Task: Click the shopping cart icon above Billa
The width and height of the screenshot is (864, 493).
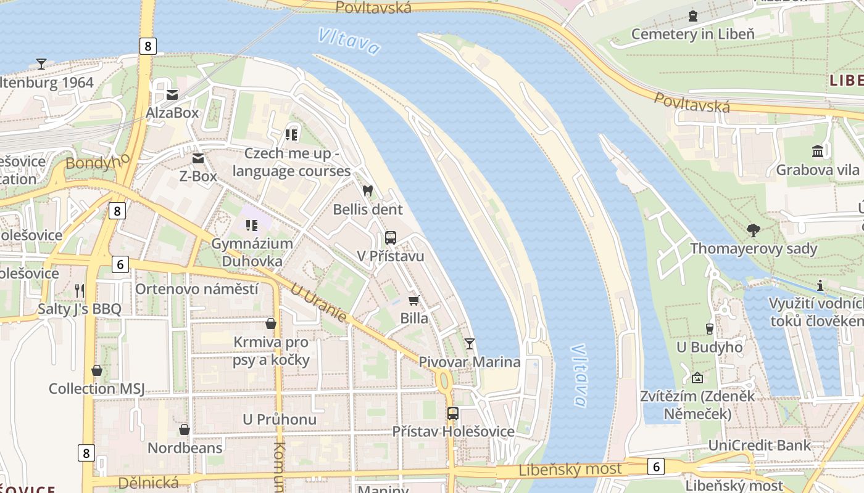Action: point(413,300)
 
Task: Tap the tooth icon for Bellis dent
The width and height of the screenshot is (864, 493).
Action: point(368,191)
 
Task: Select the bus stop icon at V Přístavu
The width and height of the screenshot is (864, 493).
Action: point(390,238)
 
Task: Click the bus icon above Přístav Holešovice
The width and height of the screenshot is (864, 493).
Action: point(452,414)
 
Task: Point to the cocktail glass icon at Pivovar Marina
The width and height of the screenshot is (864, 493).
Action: point(470,344)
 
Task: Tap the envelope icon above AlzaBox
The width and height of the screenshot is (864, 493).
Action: point(172,95)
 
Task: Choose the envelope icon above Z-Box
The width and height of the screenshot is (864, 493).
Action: point(197,158)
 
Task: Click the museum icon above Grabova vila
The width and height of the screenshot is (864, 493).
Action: point(818,152)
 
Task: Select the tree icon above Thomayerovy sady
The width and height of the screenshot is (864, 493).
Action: point(753,230)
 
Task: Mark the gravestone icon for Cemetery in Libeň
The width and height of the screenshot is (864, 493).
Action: point(692,15)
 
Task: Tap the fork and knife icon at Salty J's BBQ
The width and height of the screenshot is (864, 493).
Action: point(79,290)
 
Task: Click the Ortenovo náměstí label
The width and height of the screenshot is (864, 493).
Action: point(196,288)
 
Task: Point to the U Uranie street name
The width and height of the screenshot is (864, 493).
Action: point(318,303)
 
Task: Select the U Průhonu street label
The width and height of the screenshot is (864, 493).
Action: point(279,420)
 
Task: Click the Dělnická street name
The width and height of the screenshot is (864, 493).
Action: point(147,483)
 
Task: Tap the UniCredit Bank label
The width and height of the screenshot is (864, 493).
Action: point(759,446)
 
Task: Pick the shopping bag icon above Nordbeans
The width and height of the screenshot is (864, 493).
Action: point(184,430)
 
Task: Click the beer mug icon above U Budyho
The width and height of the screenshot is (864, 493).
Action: point(709,329)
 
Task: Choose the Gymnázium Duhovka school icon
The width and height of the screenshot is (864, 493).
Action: point(251,226)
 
